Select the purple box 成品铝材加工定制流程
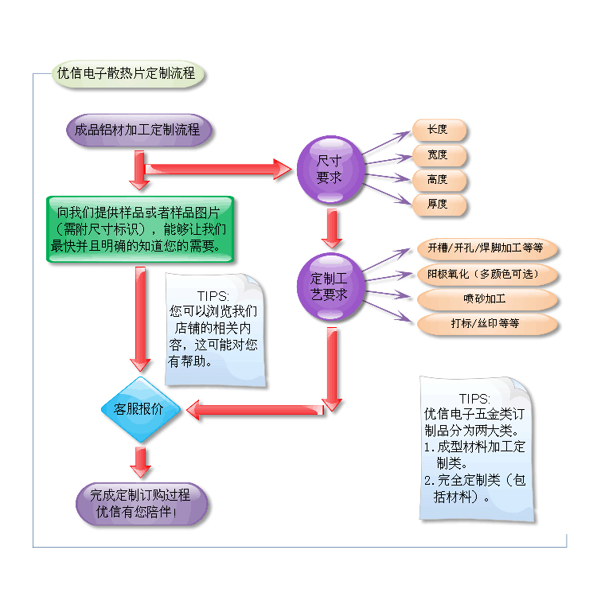[139, 130]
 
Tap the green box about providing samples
[140, 229]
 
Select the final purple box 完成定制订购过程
[142, 503]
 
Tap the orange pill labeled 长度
[439, 130]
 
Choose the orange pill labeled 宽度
[439, 154]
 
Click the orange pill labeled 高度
[439, 179]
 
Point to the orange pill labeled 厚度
[439, 204]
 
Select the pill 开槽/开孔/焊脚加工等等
[486, 248]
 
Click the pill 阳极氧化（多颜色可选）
[486, 275]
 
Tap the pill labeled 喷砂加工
[486, 299]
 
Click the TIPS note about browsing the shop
[215, 328]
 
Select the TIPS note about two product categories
[475, 450]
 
